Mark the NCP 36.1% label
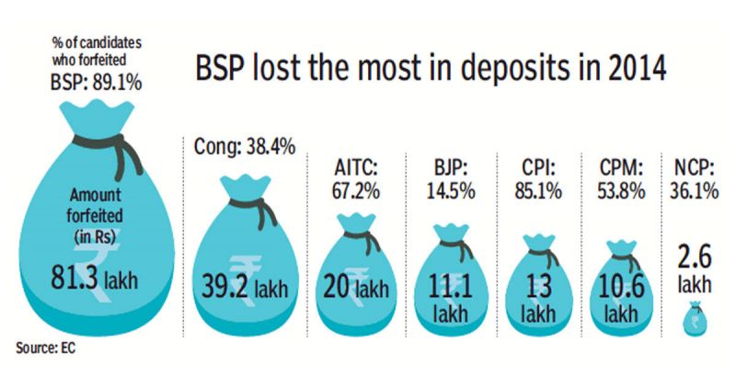click(699, 179)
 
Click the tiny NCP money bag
click(698, 318)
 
